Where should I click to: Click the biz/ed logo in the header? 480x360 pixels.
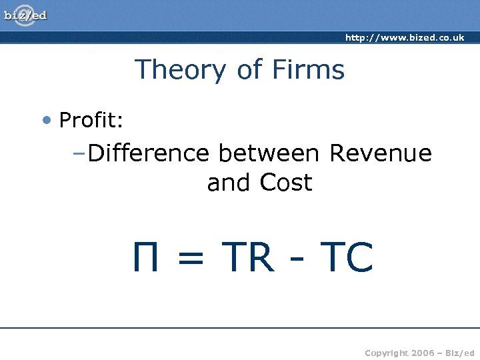tap(26, 15)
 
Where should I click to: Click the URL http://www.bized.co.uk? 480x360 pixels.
tap(405, 38)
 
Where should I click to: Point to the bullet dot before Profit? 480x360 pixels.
tap(46, 121)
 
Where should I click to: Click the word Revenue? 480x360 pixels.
tap(381, 153)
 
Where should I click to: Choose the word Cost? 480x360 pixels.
tap(286, 183)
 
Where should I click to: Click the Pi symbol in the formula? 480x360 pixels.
tap(145, 258)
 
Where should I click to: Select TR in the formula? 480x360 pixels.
tap(247, 258)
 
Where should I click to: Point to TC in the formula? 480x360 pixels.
tap(346, 258)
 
